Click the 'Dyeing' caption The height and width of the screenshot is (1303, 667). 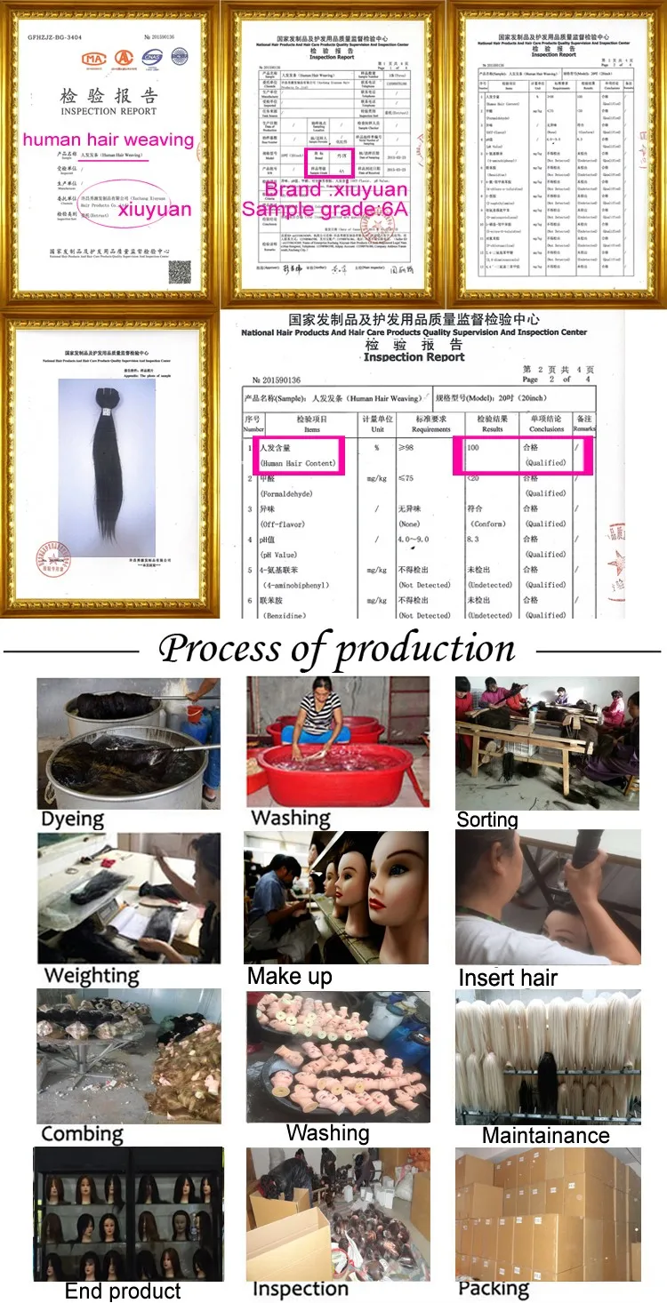pyautogui.click(x=72, y=819)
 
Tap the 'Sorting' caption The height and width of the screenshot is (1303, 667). pyautogui.click(x=487, y=819)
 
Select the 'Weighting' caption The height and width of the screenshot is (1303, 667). pyautogui.click(x=92, y=975)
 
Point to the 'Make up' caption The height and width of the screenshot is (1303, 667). pyautogui.click(x=290, y=976)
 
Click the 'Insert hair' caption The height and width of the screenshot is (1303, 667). pyautogui.click(x=508, y=978)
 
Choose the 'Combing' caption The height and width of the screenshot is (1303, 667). pyautogui.click(x=82, y=1134)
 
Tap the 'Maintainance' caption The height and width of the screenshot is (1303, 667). pyautogui.click(x=545, y=1135)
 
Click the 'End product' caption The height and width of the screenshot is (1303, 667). pyautogui.click(x=123, y=1291)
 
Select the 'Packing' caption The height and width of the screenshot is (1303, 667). pyautogui.click(x=494, y=1289)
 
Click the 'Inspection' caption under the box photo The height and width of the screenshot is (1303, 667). pyautogui.click(x=300, y=1289)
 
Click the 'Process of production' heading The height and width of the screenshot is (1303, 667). pyautogui.click(x=336, y=648)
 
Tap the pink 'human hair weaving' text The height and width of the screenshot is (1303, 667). pyautogui.click(x=108, y=140)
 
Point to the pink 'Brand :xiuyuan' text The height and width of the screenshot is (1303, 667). pyautogui.click(x=335, y=189)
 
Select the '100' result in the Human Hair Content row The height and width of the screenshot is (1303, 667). pyautogui.click(x=473, y=447)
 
